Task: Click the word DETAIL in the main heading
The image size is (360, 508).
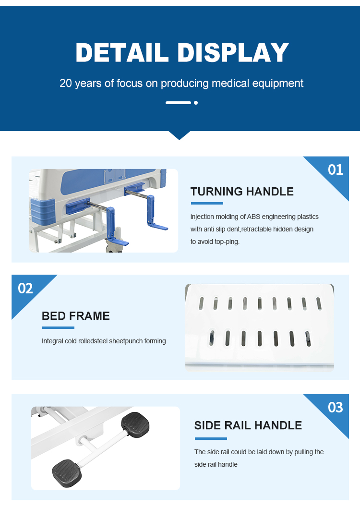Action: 122,52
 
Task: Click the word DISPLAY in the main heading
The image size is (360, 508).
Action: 233,52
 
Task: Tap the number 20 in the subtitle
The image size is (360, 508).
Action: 66,83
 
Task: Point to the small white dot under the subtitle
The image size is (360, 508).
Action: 195,103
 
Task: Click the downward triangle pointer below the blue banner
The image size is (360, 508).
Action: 180,135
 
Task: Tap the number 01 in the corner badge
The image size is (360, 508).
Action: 335,170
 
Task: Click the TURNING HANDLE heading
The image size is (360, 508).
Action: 242,192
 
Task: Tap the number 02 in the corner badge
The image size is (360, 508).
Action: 25,289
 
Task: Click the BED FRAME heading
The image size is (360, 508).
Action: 76,316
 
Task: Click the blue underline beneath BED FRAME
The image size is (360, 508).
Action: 58,327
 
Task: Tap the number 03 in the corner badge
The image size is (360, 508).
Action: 335,407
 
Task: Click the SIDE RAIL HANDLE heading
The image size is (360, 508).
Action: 248,425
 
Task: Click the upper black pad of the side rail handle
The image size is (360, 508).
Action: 135,424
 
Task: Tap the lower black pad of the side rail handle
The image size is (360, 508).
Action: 67,473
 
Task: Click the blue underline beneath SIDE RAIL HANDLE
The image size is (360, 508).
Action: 211,438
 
